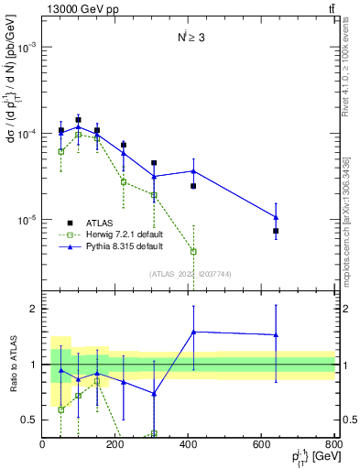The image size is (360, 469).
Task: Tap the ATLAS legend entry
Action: tap(97, 222)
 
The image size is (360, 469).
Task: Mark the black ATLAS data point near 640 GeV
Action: tap(276, 231)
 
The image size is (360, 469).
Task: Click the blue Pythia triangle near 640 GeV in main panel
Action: tap(276, 217)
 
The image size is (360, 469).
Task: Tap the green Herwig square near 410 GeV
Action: tap(193, 251)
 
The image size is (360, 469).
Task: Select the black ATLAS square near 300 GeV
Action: tap(154, 163)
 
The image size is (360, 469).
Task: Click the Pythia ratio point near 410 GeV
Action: tap(193, 333)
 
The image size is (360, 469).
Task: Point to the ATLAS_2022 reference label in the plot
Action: tap(190, 273)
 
